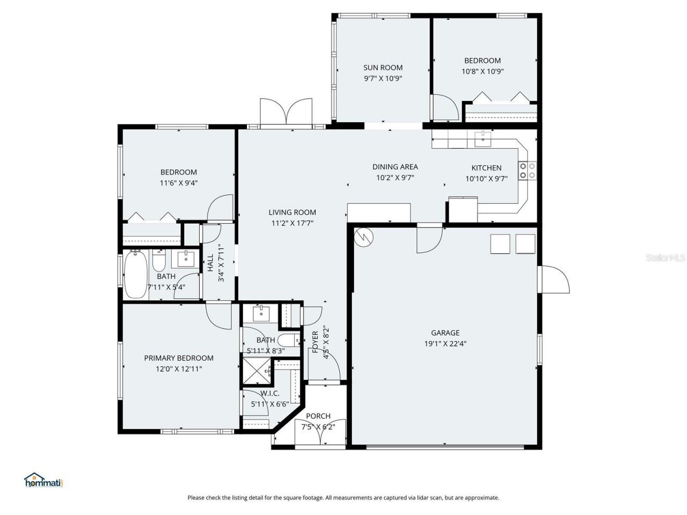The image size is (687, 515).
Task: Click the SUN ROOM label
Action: pyautogui.click(x=383, y=68)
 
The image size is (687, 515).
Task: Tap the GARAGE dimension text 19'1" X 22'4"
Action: pyautogui.click(x=445, y=344)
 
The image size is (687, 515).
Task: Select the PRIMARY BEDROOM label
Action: pyautogui.click(x=179, y=358)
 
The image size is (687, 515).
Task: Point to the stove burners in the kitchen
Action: pyautogui.click(x=527, y=170)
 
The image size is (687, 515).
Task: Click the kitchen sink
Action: pyautogui.click(x=483, y=138)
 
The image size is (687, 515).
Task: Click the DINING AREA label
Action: pyautogui.click(x=395, y=167)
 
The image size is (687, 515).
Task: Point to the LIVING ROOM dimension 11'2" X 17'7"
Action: pyautogui.click(x=293, y=224)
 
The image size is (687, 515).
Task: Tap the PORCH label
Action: pyautogui.click(x=318, y=416)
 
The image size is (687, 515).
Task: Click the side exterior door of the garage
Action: pyautogui.click(x=554, y=279)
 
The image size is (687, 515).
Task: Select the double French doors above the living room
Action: pyautogui.click(x=286, y=113)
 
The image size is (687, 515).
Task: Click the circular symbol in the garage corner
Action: pyautogui.click(x=363, y=237)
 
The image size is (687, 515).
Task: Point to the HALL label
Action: pyautogui.click(x=210, y=262)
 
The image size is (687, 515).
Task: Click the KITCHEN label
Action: pyautogui.click(x=486, y=168)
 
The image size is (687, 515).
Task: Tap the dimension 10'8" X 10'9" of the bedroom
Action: pyautogui.click(x=483, y=71)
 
